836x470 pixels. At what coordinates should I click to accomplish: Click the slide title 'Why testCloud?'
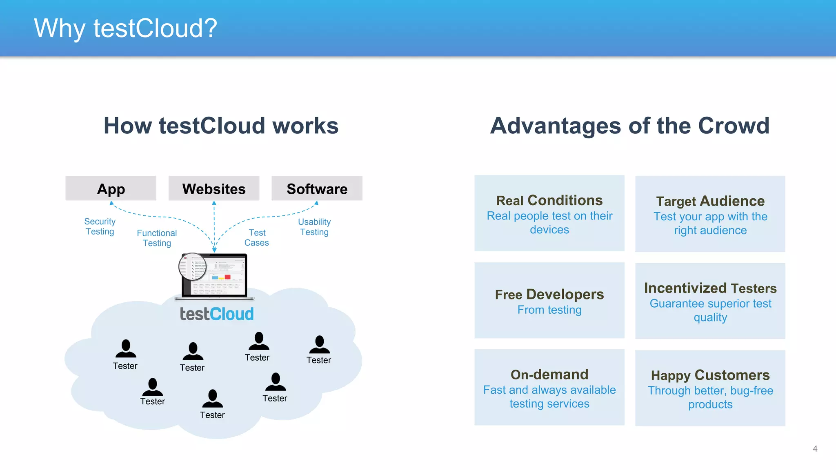click(x=125, y=29)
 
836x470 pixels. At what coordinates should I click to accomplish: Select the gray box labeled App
click(x=111, y=188)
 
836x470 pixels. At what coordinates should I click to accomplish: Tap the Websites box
click(x=214, y=188)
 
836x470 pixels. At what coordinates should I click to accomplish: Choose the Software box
click(x=317, y=188)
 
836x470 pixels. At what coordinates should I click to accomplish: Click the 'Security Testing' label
click(x=100, y=226)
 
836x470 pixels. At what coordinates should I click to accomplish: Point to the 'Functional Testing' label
click(x=157, y=238)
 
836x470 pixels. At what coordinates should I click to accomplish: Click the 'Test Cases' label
click(x=257, y=237)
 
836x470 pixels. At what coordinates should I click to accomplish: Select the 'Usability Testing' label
click(x=314, y=227)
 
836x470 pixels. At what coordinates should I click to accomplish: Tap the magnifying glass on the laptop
click(x=193, y=267)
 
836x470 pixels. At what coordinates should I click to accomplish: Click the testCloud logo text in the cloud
click(x=217, y=314)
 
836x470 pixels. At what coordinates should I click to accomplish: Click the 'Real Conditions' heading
click(x=549, y=200)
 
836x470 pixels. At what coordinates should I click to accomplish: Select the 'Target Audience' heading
click(x=710, y=201)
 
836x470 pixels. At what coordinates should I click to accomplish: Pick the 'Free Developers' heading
click(x=549, y=294)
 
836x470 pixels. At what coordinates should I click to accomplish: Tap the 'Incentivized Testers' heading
click(x=710, y=288)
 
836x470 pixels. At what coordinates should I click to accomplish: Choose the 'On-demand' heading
click(x=549, y=375)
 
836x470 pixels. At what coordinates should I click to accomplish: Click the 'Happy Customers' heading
click(x=710, y=375)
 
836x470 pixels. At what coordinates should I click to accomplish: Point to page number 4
click(x=815, y=449)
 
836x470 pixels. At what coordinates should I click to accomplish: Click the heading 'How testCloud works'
click(x=221, y=126)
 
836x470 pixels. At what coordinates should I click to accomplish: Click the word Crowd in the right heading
click(x=734, y=126)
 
